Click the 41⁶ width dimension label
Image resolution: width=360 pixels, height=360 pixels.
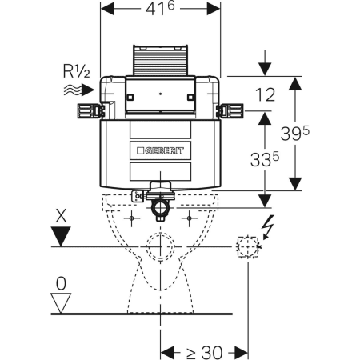click(x=160, y=9)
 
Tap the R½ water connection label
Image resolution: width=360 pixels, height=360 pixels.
click(x=77, y=71)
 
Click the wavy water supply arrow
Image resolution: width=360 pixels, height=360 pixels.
click(x=79, y=90)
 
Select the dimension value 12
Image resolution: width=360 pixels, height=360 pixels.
click(x=265, y=95)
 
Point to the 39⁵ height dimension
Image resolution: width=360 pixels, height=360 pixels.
click(x=294, y=134)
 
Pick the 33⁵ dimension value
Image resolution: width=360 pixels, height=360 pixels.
click(x=265, y=159)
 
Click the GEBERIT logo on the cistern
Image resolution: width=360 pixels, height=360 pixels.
click(x=161, y=151)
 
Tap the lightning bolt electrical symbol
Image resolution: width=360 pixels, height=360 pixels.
click(x=268, y=226)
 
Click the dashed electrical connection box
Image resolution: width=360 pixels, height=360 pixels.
click(x=248, y=246)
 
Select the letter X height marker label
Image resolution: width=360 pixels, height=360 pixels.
click(x=61, y=216)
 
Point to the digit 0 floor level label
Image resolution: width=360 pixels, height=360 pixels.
click(x=61, y=283)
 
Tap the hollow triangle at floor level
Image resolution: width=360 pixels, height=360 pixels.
click(x=61, y=303)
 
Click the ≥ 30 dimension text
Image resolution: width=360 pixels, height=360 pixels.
click(x=204, y=353)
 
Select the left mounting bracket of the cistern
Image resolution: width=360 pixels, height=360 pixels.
click(x=90, y=111)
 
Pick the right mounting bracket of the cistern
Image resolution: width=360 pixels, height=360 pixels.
click(x=230, y=111)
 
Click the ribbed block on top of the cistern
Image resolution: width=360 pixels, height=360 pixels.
click(x=160, y=61)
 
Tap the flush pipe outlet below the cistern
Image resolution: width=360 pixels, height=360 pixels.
click(x=160, y=202)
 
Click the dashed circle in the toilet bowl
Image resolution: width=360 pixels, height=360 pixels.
click(x=160, y=246)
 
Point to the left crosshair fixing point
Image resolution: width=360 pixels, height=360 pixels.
click(x=131, y=218)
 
